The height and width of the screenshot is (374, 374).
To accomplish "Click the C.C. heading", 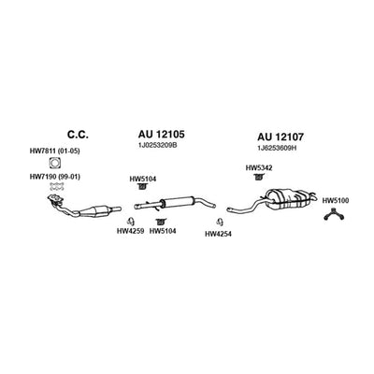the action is [78, 135].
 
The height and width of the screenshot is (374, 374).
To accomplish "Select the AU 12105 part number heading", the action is [161, 135].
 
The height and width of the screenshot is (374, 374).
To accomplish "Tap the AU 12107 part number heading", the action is [280, 137].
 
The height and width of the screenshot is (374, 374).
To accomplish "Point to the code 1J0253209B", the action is [158, 145].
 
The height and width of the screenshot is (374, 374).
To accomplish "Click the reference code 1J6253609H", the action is [277, 149].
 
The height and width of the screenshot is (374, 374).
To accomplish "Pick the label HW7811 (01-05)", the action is [55, 151].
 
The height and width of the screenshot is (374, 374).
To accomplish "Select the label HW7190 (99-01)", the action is [55, 177].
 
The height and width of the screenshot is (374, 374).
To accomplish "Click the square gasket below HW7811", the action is [55, 163].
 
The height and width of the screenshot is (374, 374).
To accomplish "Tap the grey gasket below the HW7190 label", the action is [57, 187].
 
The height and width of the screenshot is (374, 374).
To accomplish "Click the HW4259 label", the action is [130, 231].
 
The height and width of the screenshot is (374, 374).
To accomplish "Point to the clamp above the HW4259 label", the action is [130, 221].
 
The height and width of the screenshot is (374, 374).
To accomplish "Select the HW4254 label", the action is [218, 234].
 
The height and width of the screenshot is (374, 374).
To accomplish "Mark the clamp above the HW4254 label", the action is [220, 222].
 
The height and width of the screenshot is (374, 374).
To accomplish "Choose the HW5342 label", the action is [259, 168].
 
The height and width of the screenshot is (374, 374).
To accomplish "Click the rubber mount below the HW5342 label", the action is [258, 178].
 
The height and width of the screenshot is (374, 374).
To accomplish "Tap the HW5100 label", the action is [336, 201].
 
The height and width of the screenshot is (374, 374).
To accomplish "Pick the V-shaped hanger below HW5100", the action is [334, 215].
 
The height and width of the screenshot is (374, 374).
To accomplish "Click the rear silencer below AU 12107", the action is [288, 198].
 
